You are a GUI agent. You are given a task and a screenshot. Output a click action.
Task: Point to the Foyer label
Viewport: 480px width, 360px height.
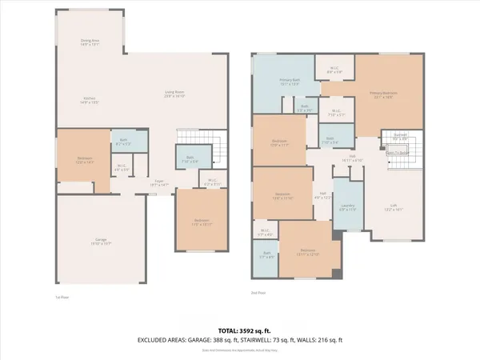(x=160, y=183)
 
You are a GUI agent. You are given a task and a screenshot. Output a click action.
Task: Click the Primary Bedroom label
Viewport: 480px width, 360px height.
(x=384, y=94)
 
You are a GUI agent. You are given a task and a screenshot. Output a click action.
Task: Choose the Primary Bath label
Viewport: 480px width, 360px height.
(x=289, y=82)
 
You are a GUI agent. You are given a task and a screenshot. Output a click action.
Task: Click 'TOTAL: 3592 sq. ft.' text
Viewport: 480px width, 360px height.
(x=240, y=330)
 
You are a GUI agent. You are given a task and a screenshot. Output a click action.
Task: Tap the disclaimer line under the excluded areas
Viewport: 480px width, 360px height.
(x=240, y=349)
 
